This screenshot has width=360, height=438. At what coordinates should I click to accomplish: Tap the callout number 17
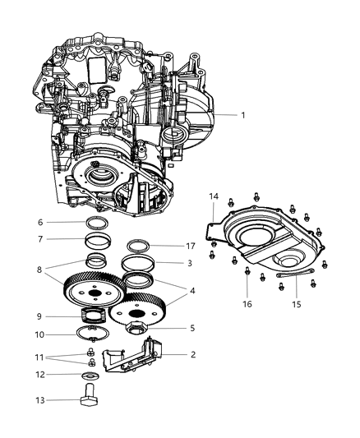[x=191, y=245]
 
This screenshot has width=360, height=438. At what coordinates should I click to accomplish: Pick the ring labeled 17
[x=138, y=246]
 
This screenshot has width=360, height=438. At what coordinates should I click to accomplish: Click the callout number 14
[x=214, y=219]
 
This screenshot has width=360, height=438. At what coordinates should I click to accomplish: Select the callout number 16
[x=248, y=302]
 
